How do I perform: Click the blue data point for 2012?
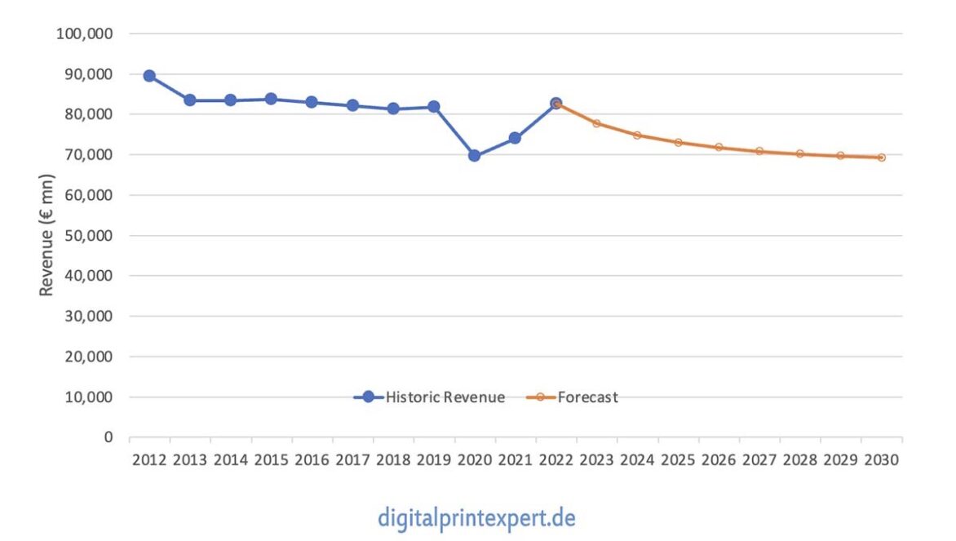[149, 76]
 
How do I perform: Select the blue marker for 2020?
[474, 155]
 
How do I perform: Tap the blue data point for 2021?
[515, 138]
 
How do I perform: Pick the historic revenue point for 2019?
[434, 107]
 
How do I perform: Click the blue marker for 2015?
[271, 99]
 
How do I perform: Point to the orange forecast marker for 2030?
[881, 157]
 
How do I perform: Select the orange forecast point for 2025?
[678, 142]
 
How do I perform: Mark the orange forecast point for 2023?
[596, 123]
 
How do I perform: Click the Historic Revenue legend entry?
[430, 397]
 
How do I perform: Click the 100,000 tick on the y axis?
[85, 34]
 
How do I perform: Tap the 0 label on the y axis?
[108, 437]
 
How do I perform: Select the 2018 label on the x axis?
[393, 460]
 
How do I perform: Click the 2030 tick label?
[881, 460]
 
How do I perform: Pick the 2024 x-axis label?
[637, 460]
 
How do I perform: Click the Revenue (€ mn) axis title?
[47, 235]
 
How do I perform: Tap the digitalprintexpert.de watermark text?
[476, 517]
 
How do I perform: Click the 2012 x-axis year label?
[149, 460]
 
